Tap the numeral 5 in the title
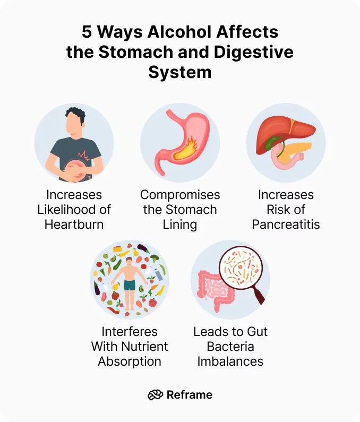coord(87,32)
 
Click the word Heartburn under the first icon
coord(74,224)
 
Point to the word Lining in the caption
coord(180,224)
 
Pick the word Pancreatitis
coord(286,224)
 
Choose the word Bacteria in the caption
coord(230,347)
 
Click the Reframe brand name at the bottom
coord(189,394)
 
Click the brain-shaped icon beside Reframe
coord(155,394)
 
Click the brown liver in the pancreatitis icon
coord(284,133)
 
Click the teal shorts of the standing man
coord(130,285)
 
